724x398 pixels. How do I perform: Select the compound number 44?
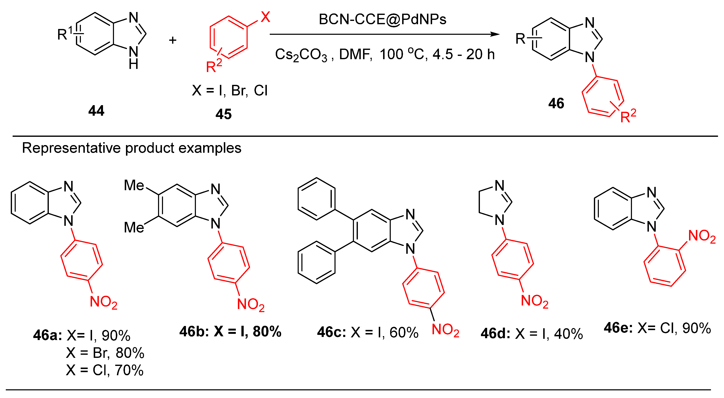[x=96, y=111]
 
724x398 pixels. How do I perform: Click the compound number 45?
[x=223, y=114]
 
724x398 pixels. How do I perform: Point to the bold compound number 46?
[x=556, y=103]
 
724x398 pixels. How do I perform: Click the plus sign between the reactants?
[x=173, y=40]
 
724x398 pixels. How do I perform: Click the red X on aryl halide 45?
[x=265, y=17]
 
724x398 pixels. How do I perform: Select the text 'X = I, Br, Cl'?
[x=230, y=91]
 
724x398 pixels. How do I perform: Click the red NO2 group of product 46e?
[x=701, y=236]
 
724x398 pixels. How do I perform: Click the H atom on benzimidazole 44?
[x=133, y=65]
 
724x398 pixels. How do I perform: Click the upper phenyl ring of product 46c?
[x=316, y=198]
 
